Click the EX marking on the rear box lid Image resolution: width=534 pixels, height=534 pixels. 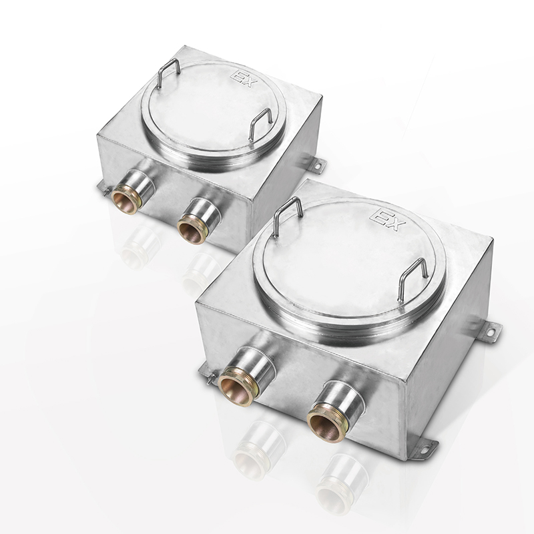click(x=242, y=78)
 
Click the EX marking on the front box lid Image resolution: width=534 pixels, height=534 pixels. click(x=390, y=220)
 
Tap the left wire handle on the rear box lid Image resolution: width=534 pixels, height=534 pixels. click(x=169, y=73)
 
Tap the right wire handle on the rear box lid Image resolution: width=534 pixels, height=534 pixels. click(x=260, y=124)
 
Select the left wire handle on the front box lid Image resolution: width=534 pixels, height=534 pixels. click(x=288, y=216)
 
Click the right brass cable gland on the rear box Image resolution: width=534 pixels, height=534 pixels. click(x=192, y=230)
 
